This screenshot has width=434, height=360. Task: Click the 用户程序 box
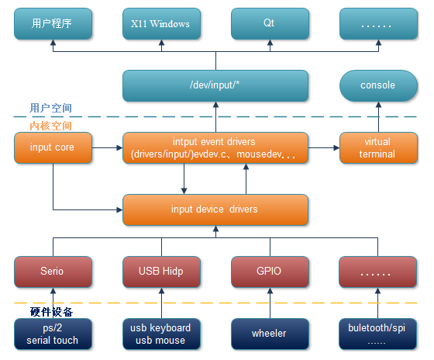pyautogui.click(x=53, y=23)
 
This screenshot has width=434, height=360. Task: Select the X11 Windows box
pyautogui.click(x=160, y=23)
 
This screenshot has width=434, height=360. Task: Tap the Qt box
pyautogui.click(x=269, y=23)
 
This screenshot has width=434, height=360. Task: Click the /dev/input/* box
pyautogui.click(x=215, y=85)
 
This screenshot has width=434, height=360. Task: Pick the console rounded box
pyautogui.click(x=377, y=85)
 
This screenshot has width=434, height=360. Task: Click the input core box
pyautogui.click(x=53, y=147)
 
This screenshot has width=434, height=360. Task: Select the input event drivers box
pyautogui.click(x=215, y=147)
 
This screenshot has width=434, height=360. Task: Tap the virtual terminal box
pyautogui.click(x=377, y=147)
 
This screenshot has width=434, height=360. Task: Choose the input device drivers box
pyautogui.click(x=215, y=209)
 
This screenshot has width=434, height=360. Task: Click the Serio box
pyautogui.click(x=53, y=272)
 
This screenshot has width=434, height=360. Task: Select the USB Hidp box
pyautogui.click(x=160, y=272)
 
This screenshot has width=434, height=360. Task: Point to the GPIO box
pyautogui.click(x=269, y=272)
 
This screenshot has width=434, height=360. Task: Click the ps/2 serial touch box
pyautogui.click(x=53, y=334)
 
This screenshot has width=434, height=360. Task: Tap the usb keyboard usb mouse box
pyautogui.click(x=160, y=334)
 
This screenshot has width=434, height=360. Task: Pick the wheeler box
pyautogui.click(x=269, y=334)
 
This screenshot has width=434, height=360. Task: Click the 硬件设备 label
pyautogui.click(x=52, y=311)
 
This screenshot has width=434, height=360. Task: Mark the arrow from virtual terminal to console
pyautogui.click(x=377, y=116)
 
